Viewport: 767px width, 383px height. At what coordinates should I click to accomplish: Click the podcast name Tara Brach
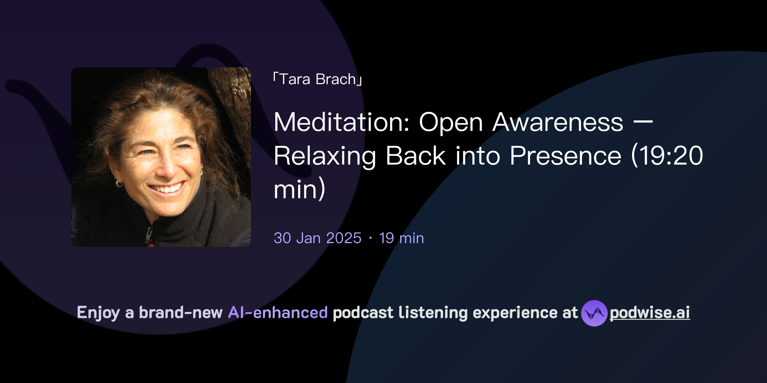(318, 79)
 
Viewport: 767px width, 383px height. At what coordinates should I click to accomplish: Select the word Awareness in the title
(558, 122)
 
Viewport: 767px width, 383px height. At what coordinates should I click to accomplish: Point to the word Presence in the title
(565, 156)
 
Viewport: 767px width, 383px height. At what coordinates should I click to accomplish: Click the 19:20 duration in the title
(670, 156)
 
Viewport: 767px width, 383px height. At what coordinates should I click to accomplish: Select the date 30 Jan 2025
(317, 238)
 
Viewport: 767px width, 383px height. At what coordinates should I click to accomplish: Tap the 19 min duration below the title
(401, 238)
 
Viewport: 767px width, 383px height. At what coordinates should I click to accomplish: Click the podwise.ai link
(650, 313)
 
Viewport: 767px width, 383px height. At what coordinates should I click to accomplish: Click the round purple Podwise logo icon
(594, 313)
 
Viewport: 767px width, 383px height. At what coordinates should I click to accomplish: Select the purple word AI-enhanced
(278, 313)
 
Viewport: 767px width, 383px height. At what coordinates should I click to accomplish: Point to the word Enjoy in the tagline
(98, 313)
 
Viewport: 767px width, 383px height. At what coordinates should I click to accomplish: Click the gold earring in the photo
(119, 183)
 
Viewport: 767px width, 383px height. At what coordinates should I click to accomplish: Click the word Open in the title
(451, 122)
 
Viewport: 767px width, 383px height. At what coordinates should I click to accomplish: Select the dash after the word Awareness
(645, 122)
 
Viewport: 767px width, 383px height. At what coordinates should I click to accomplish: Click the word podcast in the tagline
(363, 313)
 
